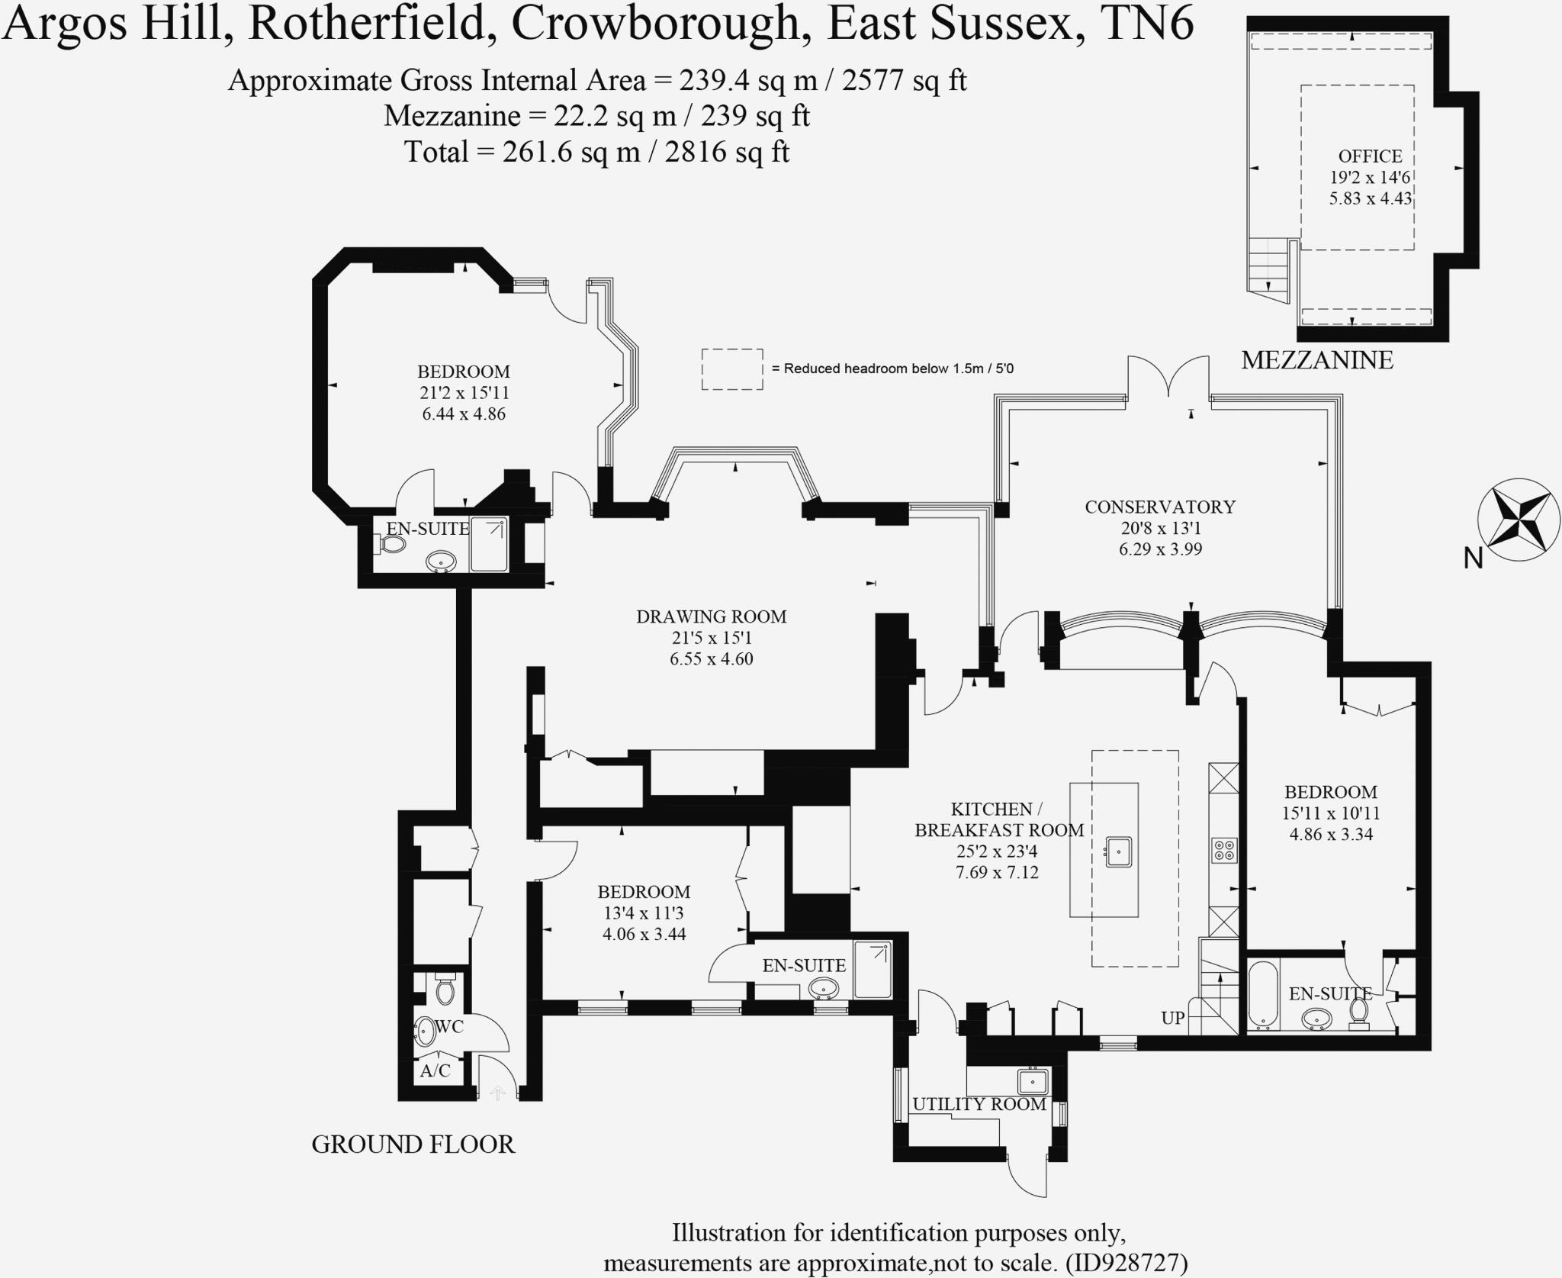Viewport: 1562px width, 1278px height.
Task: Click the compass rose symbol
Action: (1519, 520)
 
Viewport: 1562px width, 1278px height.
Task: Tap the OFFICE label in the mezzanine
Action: (1370, 156)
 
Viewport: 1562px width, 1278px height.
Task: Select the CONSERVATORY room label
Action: (1159, 507)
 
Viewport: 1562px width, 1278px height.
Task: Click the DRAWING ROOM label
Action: (711, 616)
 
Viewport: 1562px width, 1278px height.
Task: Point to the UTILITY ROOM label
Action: (979, 1104)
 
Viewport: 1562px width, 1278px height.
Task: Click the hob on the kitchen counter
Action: (1224, 850)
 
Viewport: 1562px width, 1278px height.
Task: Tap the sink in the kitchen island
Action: (1119, 851)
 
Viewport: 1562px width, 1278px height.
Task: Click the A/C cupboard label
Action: (435, 1071)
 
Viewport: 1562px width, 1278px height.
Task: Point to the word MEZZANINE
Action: (1317, 360)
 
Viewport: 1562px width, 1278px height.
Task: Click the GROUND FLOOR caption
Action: (413, 1144)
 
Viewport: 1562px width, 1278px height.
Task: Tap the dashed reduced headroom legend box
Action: (732, 369)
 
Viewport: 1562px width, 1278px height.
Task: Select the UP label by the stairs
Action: (1172, 1018)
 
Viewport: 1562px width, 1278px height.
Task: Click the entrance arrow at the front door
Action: (497, 1093)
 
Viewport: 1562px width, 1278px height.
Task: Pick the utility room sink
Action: (1033, 1082)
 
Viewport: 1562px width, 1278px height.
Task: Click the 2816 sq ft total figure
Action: (727, 152)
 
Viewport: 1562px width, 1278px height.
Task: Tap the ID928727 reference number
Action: (1133, 1263)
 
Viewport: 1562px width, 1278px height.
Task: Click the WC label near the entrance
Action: (449, 1027)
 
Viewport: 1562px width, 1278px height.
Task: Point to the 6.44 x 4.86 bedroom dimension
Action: (464, 414)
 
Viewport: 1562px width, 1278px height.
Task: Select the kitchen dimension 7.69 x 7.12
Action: (997, 872)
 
